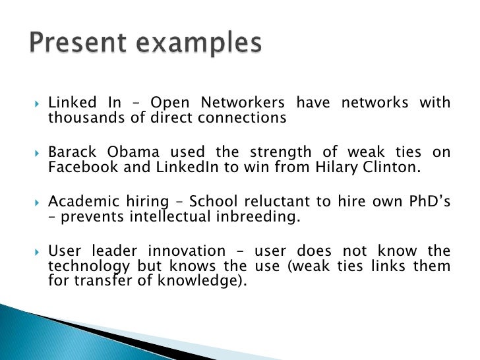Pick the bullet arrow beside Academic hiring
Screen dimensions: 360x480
point(36,202)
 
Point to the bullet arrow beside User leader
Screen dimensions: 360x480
point(36,252)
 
